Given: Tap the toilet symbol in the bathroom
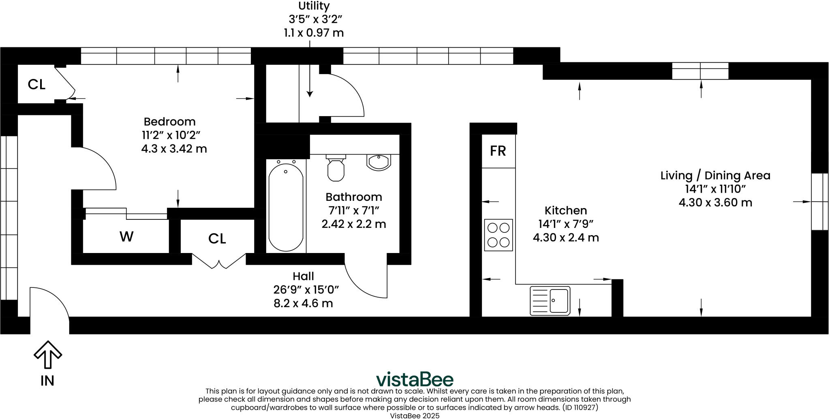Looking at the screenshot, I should (336, 169).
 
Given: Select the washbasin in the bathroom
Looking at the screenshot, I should (379, 162).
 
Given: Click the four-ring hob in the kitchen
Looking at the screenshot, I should (498, 235).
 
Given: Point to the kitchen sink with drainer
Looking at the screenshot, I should (550, 301).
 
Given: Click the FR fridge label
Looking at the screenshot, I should (498, 151).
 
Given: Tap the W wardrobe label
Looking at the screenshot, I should (126, 237).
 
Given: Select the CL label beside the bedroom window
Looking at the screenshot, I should (36, 84).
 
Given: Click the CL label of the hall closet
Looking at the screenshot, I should (217, 239).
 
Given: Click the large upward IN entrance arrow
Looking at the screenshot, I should (48, 355).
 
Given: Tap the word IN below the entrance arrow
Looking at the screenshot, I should (47, 381).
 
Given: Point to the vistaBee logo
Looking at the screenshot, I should (415, 379).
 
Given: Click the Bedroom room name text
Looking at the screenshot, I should (169, 121).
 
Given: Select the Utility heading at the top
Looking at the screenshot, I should (314, 6).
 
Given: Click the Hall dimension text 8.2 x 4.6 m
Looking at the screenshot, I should (303, 303).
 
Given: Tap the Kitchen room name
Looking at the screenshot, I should (565, 211).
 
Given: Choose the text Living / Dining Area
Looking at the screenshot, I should (715, 175).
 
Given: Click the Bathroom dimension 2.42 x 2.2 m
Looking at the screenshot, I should (353, 224).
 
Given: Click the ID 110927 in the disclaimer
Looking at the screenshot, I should (580, 407).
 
